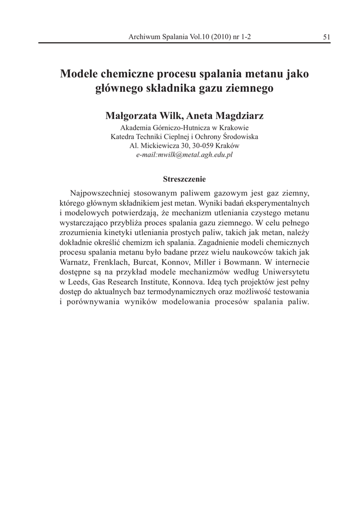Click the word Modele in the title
click(79, 74)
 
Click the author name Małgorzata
click(133, 116)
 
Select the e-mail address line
click(184, 155)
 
